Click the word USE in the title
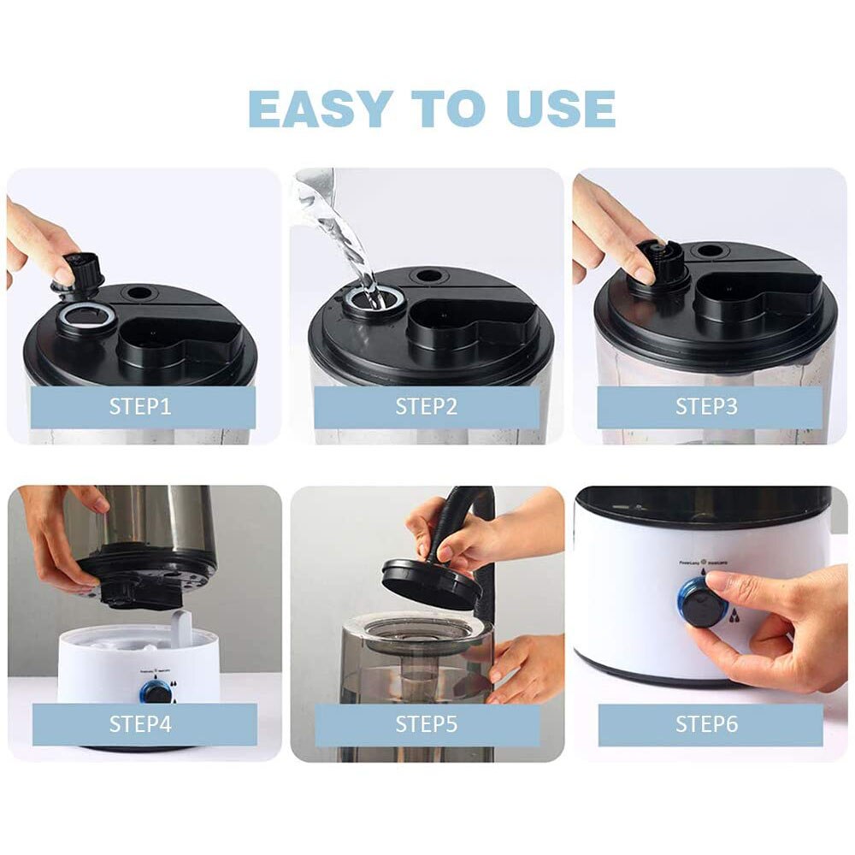coord(557,109)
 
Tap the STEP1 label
coord(141,406)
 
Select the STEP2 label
coord(426,406)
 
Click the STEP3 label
coord(707,406)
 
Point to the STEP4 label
coord(141,724)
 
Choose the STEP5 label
coord(426,724)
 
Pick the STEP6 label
coord(707,724)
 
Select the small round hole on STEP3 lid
coord(710,251)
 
